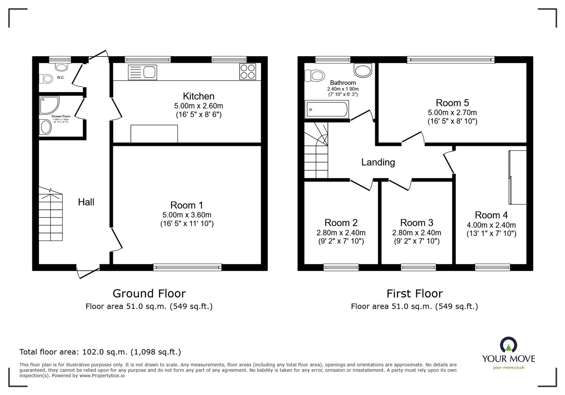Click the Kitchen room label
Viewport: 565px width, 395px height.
[x=198, y=96]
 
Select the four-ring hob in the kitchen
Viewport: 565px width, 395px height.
[x=248, y=72]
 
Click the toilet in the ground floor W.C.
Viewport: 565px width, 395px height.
[x=46, y=78]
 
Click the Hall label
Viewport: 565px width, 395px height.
[x=86, y=202]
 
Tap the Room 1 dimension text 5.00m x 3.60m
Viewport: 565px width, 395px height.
[x=187, y=215]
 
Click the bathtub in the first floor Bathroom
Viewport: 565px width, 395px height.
[x=327, y=109]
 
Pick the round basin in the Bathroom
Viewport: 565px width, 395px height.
[x=363, y=70]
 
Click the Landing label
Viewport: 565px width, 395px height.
[x=378, y=162]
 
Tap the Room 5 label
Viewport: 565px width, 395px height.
[x=452, y=103]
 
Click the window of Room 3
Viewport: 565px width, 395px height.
[x=418, y=268]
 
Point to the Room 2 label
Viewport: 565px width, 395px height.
[x=341, y=223]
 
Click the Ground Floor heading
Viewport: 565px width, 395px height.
[x=149, y=293]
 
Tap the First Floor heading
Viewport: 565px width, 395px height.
[x=414, y=293]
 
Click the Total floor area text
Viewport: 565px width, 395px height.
[x=100, y=352]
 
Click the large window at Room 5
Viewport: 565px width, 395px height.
[x=451, y=60]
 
